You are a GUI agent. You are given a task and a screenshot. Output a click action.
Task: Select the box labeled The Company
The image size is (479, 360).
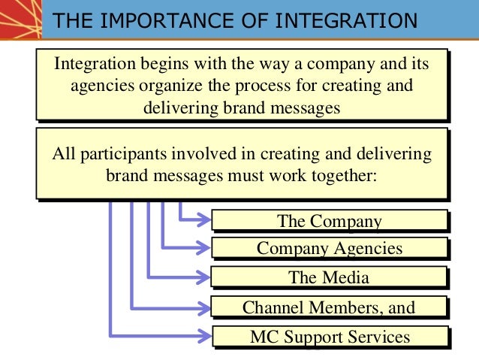(330, 220)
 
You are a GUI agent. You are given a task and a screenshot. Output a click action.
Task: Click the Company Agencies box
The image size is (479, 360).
(330, 249)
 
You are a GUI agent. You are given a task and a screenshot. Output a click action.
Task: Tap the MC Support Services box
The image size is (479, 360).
(330, 336)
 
